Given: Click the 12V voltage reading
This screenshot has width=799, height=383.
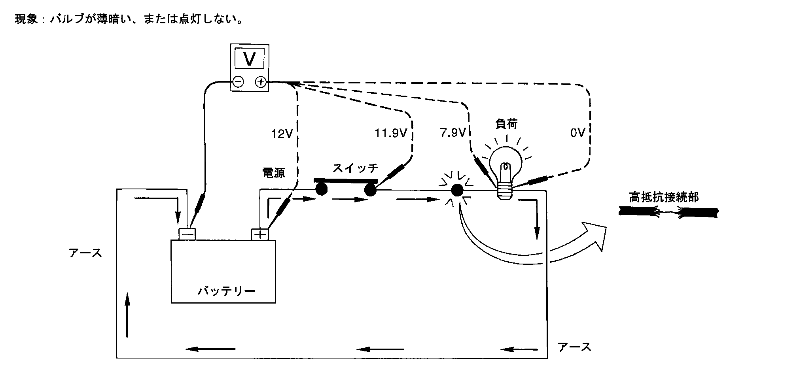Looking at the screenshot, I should tap(282, 134).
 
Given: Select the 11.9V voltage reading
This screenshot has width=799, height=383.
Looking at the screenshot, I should tap(391, 134).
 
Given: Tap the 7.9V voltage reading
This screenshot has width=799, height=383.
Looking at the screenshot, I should tap(453, 133).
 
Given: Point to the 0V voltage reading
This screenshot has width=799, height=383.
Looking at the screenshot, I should tap(577, 133).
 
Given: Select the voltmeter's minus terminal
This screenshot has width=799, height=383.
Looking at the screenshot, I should tap(238, 82).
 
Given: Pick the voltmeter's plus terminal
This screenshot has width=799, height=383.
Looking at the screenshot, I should tap(261, 82).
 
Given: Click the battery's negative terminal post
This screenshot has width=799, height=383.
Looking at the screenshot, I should tap(187, 234).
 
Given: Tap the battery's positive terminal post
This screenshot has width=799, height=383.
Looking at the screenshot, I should tap(260, 234).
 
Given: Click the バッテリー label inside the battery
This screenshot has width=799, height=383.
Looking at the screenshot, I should tap(227, 292).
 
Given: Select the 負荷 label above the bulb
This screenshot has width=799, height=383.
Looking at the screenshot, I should tap(506, 124).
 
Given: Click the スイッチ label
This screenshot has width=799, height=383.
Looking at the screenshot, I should tap(355, 168).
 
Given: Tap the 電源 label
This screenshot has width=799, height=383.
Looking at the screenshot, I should tap(274, 173).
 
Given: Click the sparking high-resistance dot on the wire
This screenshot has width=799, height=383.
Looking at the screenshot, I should tap(457, 191).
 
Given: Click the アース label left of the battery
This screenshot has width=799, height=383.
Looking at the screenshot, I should tap(85, 253).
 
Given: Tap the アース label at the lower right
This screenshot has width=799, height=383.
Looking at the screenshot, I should tap(574, 347).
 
